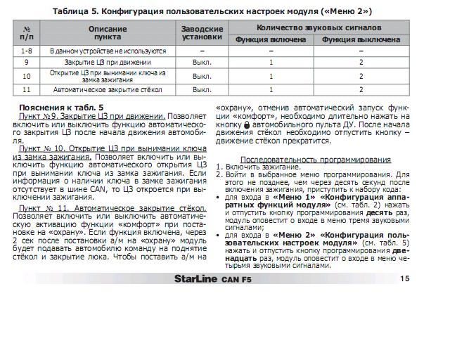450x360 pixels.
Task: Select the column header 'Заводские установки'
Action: [202, 32]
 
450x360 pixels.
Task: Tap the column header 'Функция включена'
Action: [271, 39]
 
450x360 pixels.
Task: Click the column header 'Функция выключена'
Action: [361, 39]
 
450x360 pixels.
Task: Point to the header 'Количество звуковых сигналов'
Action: [316, 27]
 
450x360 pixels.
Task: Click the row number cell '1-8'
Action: [27, 51]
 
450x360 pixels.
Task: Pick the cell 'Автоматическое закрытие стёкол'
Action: [108, 90]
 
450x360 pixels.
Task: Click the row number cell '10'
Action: [27, 76]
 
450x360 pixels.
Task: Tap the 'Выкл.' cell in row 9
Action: [202, 63]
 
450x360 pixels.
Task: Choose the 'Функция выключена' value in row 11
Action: [361, 90]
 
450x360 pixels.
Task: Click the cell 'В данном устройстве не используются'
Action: [108, 51]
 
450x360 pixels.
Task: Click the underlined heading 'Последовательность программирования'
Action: [316, 160]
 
